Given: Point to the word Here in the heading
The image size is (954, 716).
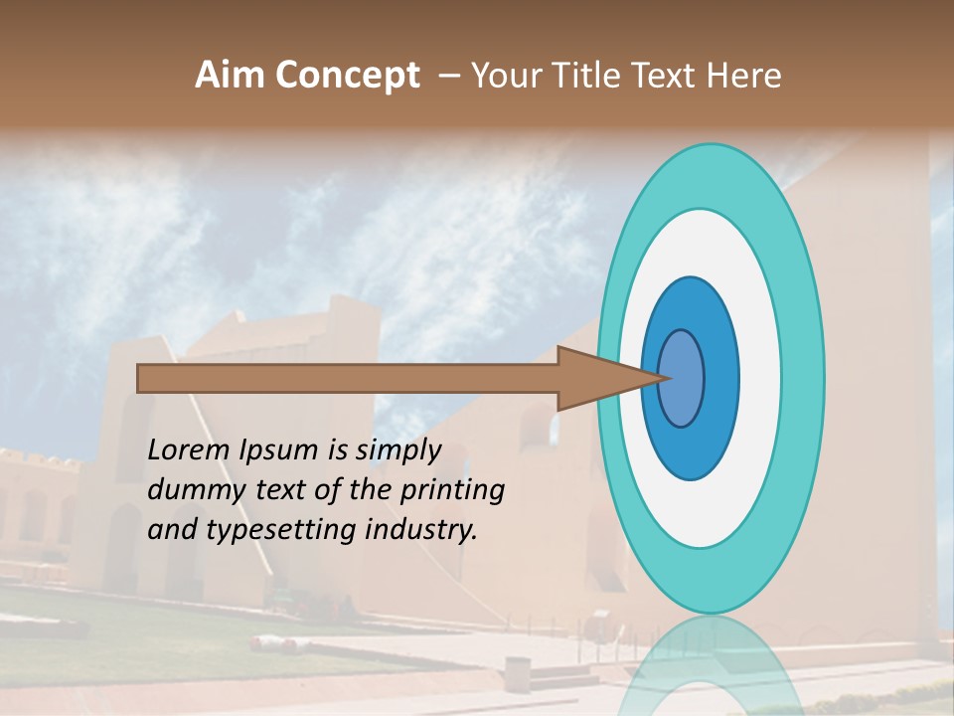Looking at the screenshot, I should coord(744,76).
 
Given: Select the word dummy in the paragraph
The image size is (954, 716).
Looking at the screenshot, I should coord(189,490).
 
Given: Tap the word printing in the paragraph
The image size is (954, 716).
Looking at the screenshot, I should coord(452,491).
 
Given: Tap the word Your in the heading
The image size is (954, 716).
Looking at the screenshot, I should coord(506,76).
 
